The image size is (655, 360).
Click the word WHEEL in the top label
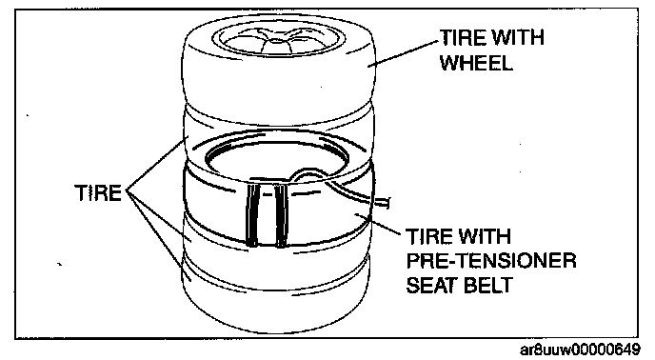pyautogui.click(x=476, y=63)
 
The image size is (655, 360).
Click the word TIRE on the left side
pyautogui.click(x=98, y=193)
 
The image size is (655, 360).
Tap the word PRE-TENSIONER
pyautogui.click(x=491, y=261)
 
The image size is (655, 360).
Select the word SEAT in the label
pyautogui.click(x=432, y=286)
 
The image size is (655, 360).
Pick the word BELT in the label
pyautogui.click(x=489, y=286)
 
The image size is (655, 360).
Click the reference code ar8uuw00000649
pyautogui.click(x=580, y=350)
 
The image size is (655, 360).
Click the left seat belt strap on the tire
pyautogui.click(x=252, y=215)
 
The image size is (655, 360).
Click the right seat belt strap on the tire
pyautogui.click(x=282, y=215)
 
